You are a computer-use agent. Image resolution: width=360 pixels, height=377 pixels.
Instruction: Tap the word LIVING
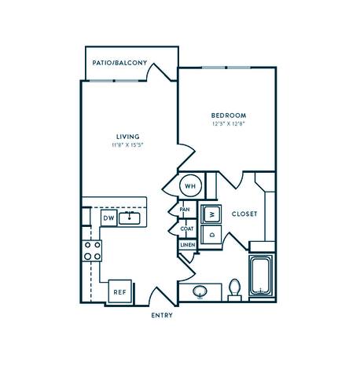tap(122, 136)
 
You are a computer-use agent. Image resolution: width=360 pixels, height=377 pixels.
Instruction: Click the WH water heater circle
tap(190, 186)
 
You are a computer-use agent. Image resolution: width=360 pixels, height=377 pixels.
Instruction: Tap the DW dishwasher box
tap(108, 218)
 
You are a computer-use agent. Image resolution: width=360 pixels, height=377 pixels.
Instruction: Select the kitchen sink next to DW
tap(130, 218)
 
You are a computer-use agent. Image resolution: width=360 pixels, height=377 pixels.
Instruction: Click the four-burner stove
tap(92, 251)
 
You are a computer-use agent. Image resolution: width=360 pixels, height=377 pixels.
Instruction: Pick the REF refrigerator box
tap(120, 291)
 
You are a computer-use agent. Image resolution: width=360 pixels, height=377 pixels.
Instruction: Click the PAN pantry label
tap(186, 210)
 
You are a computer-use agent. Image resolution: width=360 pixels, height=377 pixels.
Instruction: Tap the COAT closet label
tap(186, 229)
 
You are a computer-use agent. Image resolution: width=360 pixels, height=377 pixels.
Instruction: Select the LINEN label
tap(186, 245)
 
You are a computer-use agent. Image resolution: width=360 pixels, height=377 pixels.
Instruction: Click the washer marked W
tap(211, 214)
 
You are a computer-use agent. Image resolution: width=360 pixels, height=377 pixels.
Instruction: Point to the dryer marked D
tap(211, 235)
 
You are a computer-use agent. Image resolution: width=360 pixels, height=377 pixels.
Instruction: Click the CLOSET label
tap(244, 214)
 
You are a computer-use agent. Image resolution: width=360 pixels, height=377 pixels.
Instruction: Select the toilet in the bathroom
tap(233, 290)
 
